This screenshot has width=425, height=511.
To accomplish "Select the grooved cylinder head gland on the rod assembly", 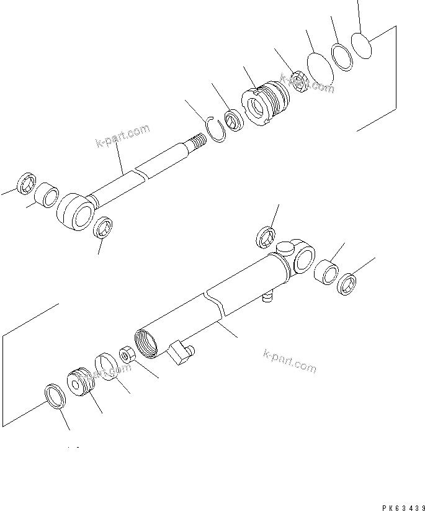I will point(267,104).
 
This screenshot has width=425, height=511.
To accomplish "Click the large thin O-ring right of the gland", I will point(320,68).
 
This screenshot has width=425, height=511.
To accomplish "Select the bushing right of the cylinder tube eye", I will point(328,273).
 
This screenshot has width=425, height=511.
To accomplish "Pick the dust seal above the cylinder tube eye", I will point(266,237).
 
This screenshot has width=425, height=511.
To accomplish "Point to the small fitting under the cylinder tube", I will point(268,297).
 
